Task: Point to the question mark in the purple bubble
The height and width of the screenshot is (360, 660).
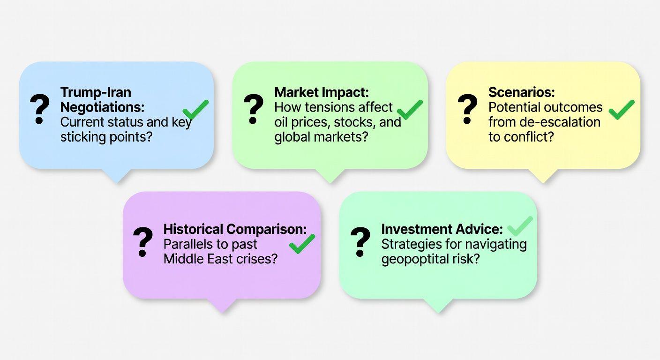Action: (143, 242)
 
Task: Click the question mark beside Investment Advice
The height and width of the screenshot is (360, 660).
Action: (360, 242)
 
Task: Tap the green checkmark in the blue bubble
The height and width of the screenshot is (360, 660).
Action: (195, 110)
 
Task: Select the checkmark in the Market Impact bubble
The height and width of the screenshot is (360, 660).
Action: (410, 110)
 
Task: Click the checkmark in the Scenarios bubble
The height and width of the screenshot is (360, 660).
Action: (622, 110)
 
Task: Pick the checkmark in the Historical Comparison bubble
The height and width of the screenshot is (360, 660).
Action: (302, 244)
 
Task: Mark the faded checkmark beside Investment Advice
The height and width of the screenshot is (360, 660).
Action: (520, 226)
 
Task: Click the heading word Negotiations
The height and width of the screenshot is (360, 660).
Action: (102, 107)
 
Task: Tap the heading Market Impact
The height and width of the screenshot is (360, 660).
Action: (322, 92)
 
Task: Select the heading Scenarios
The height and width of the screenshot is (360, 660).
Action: (522, 92)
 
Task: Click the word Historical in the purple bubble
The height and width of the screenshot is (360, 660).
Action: (193, 229)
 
